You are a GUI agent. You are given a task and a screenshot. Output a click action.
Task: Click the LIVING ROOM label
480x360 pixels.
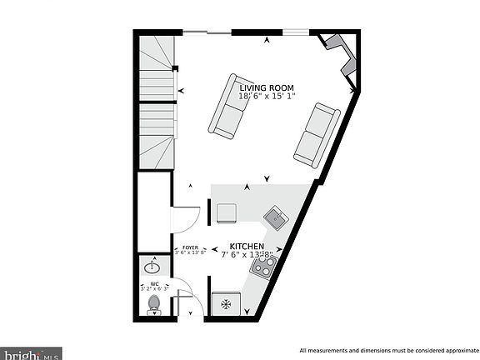coord(267,87)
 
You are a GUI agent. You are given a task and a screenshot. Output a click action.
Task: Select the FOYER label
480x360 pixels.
coord(192,247)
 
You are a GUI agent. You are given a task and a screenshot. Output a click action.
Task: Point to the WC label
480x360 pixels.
coord(154,282)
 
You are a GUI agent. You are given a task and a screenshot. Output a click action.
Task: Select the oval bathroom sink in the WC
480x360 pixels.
coord(153,267)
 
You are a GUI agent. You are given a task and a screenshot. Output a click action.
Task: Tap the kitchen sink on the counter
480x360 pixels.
coord(275,219)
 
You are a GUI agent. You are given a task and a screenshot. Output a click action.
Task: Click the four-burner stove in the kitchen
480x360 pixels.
coord(264,267)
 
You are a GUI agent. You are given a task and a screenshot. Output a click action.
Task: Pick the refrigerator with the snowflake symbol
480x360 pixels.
coord(226,305)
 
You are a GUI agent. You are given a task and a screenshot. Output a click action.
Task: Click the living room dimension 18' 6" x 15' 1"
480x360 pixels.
coord(267,97)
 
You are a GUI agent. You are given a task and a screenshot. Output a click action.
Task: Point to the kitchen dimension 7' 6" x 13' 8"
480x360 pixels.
coord(247,256)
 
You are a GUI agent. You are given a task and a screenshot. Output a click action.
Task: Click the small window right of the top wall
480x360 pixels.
coord(294,32)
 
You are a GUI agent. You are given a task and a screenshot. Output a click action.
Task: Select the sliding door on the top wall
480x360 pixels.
coord(207,32)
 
